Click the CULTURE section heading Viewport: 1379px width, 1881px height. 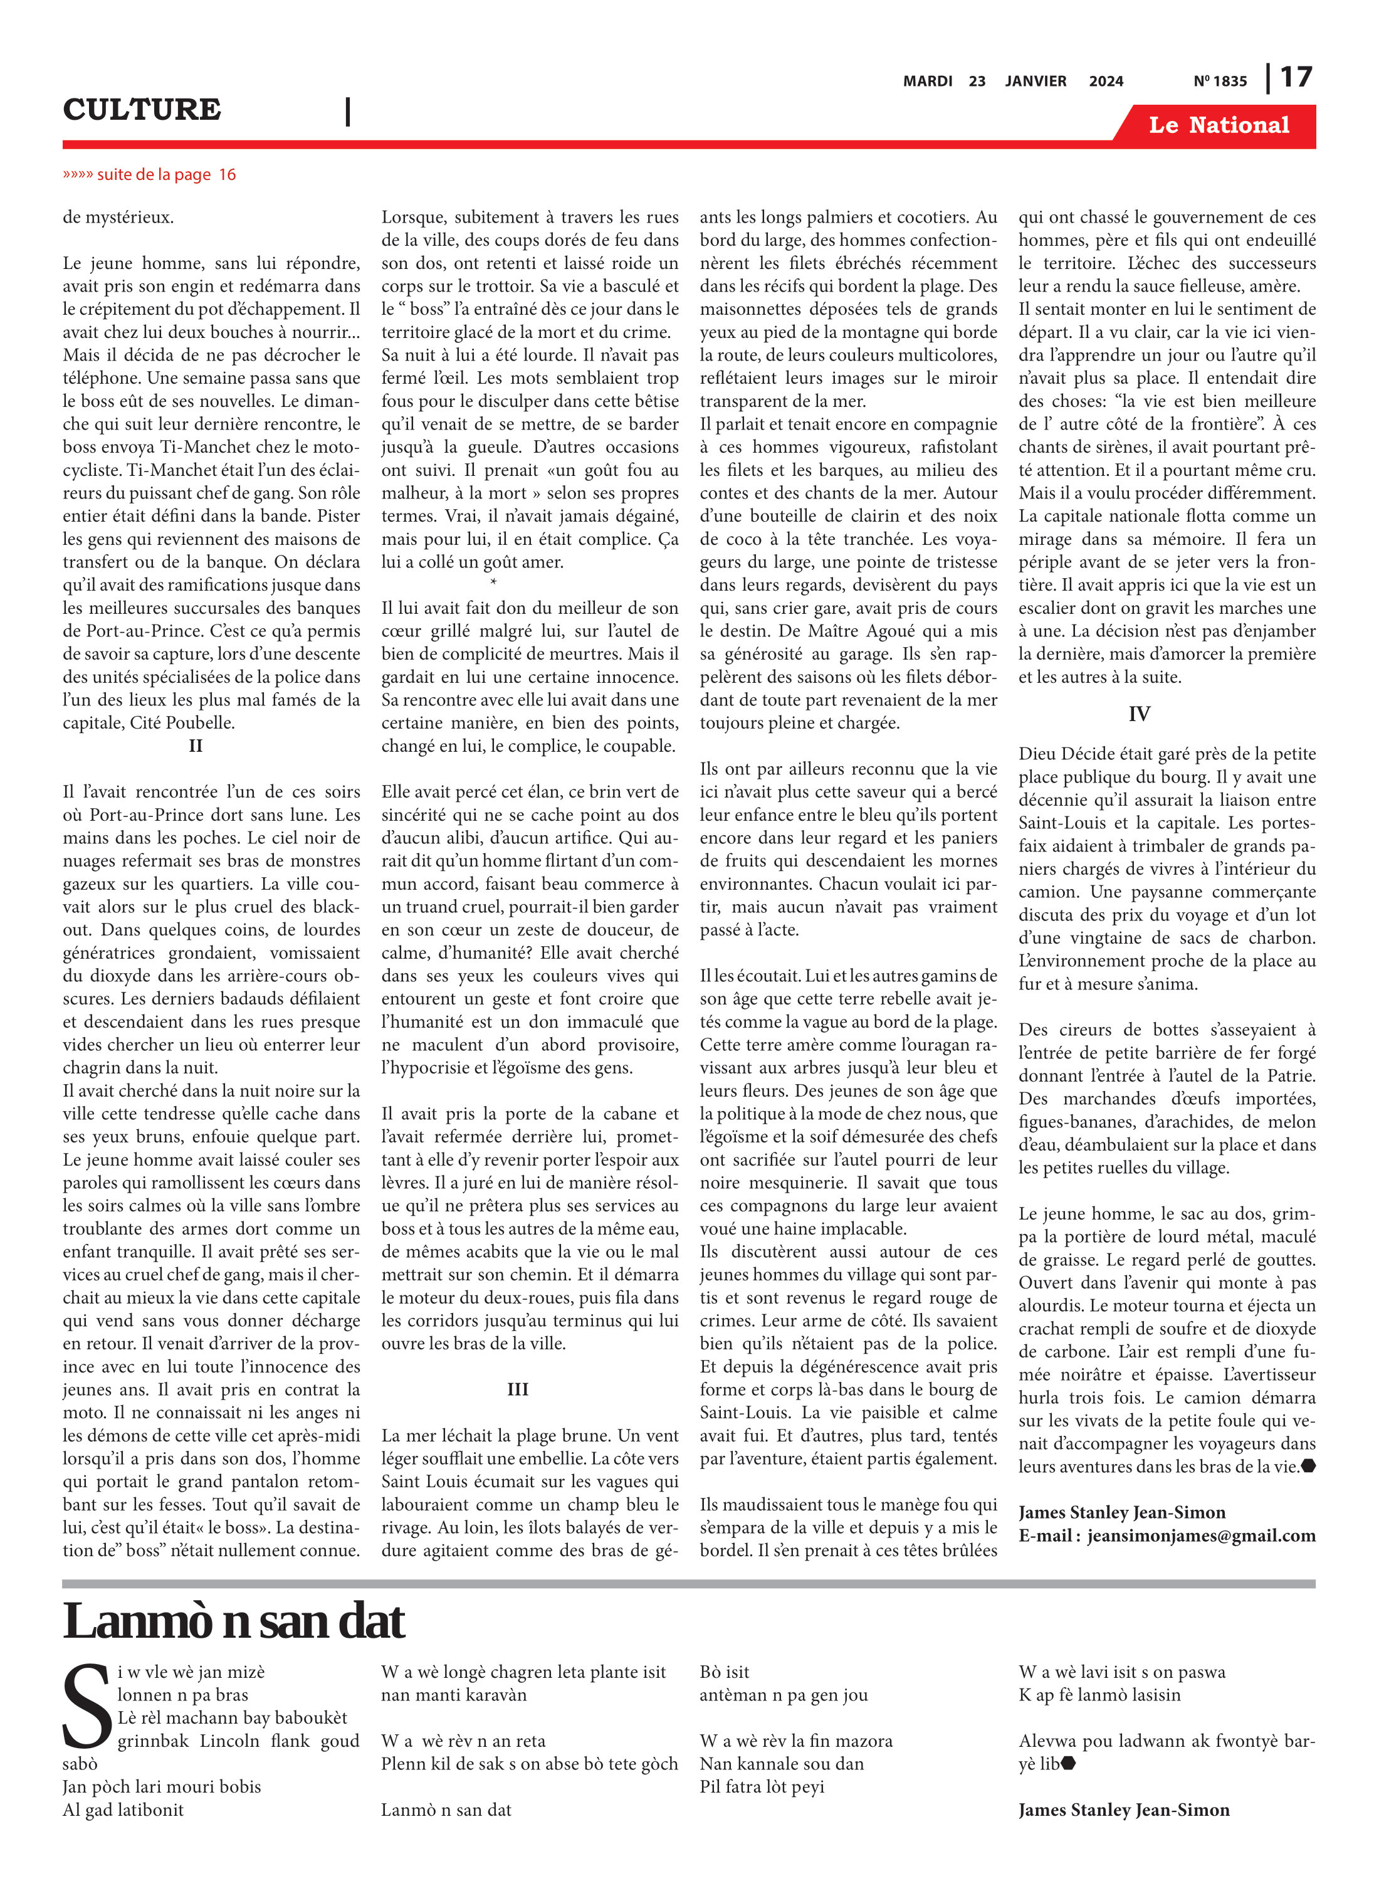(142, 109)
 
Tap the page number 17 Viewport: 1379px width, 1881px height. (1296, 78)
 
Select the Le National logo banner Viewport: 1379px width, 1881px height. (1218, 125)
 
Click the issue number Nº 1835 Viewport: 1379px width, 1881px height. (1220, 81)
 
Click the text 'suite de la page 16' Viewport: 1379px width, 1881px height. (150, 174)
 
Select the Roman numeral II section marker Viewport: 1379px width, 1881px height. (196, 746)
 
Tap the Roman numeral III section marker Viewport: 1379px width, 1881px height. (518, 1389)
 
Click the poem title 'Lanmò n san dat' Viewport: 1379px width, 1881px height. (234, 1621)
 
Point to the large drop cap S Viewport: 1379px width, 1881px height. (87, 1707)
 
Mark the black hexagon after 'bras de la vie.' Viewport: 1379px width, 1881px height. (1308, 1465)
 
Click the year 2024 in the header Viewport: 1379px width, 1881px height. (1106, 81)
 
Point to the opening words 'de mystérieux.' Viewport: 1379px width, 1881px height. (118, 217)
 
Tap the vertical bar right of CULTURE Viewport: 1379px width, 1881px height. (347, 111)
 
